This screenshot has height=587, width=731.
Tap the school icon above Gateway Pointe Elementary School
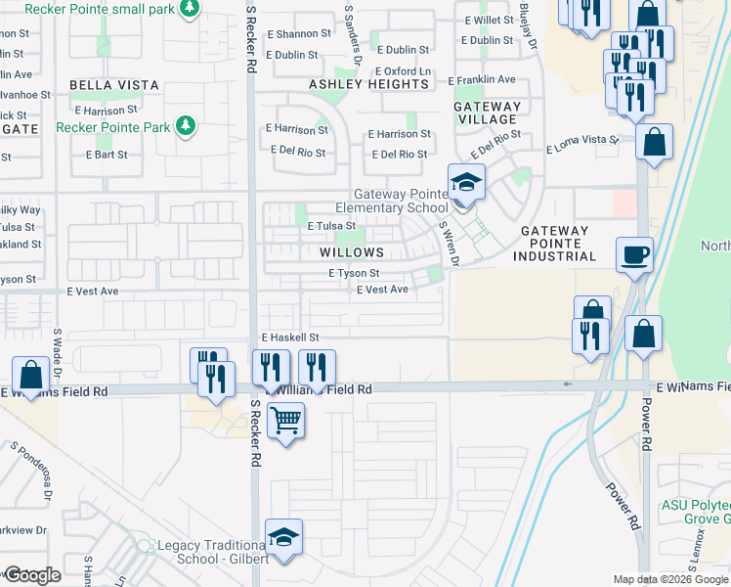pyautogui.click(x=466, y=182)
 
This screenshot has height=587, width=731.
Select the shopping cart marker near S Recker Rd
pyautogui.click(x=286, y=421)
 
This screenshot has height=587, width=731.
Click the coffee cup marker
pyautogui.click(x=635, y=254)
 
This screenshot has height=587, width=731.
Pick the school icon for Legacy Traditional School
pyautogui.click(x=284, y=537)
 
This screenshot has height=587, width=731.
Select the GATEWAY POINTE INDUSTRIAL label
pyautogui.click(x=558, y=244)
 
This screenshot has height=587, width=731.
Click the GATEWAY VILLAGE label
pyautogui.click(x=487, y=113)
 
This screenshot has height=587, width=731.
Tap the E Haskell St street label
pyautogui.click(x=290, y=337)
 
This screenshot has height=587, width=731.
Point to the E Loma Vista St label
pyautogui.click(x=582, y=146)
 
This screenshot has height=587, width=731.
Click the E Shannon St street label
pyautogui.click(x=298, y=33)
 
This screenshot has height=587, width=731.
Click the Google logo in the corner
pyautogui.click(x=32, y=574)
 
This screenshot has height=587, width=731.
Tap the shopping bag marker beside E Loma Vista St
pyautogui.click(x=654, y=141)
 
